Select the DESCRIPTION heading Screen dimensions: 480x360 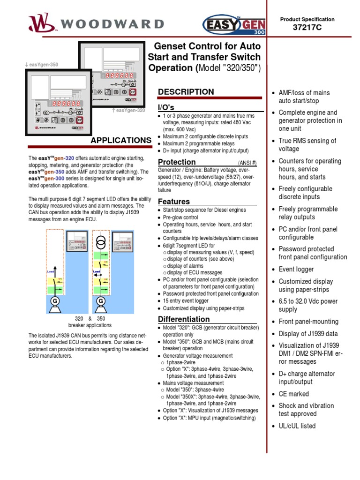(x=186, y=92)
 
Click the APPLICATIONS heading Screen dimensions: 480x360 (x=120, y=140)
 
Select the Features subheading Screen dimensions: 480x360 (x=174, y=202)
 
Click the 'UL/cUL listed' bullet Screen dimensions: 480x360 (x=297, y=426)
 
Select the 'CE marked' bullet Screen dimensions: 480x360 (x=293, y=394)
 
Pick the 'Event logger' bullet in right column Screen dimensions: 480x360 (x=296, y=269)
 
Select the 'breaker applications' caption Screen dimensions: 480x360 (x=90, y=325)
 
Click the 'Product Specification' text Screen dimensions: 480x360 (x=307, y=19)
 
